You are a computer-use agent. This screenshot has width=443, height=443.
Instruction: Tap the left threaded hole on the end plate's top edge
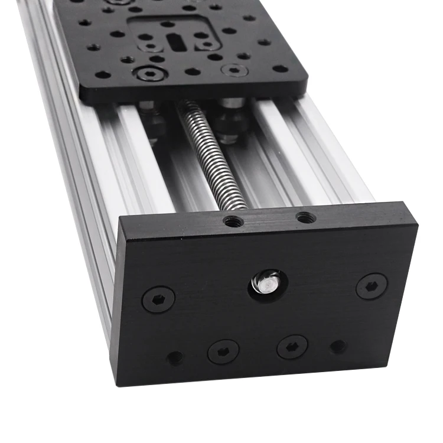pyautogui.click(x=233, y=221)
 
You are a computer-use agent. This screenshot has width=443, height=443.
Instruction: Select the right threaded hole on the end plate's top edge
pyautogui.click(x=305, y=217)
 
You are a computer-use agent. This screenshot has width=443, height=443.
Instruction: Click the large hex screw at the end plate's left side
pyautogui.click(x=158, y=299)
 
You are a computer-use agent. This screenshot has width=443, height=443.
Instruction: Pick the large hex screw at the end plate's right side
pyautogui.click(x=372, y=286)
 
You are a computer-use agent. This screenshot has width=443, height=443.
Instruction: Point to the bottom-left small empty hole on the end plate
pyautogui.click(x=175, y=357)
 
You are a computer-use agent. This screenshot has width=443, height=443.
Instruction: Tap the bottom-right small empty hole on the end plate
pyautogui.click(x=338, y=347)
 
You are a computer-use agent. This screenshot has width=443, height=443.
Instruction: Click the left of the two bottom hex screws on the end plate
pyautogui.click(x=223, y=351)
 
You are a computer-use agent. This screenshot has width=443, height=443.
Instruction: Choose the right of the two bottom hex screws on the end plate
pyautogui.click(x=292, y=347)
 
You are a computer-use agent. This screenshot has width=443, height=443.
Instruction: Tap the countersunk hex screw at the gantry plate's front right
pyautogui.click(x=234, y=70)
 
